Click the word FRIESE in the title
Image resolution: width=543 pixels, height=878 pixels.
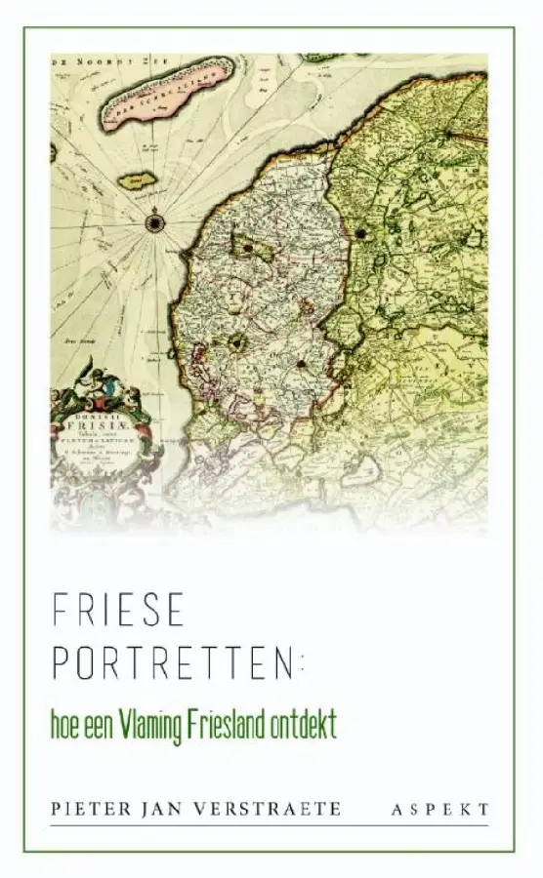point(118,612)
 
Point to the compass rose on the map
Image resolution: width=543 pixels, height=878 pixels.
point(154,223)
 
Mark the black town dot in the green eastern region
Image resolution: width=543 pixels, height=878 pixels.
point(363,234)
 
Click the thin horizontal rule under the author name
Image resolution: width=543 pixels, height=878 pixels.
point(270,826)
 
